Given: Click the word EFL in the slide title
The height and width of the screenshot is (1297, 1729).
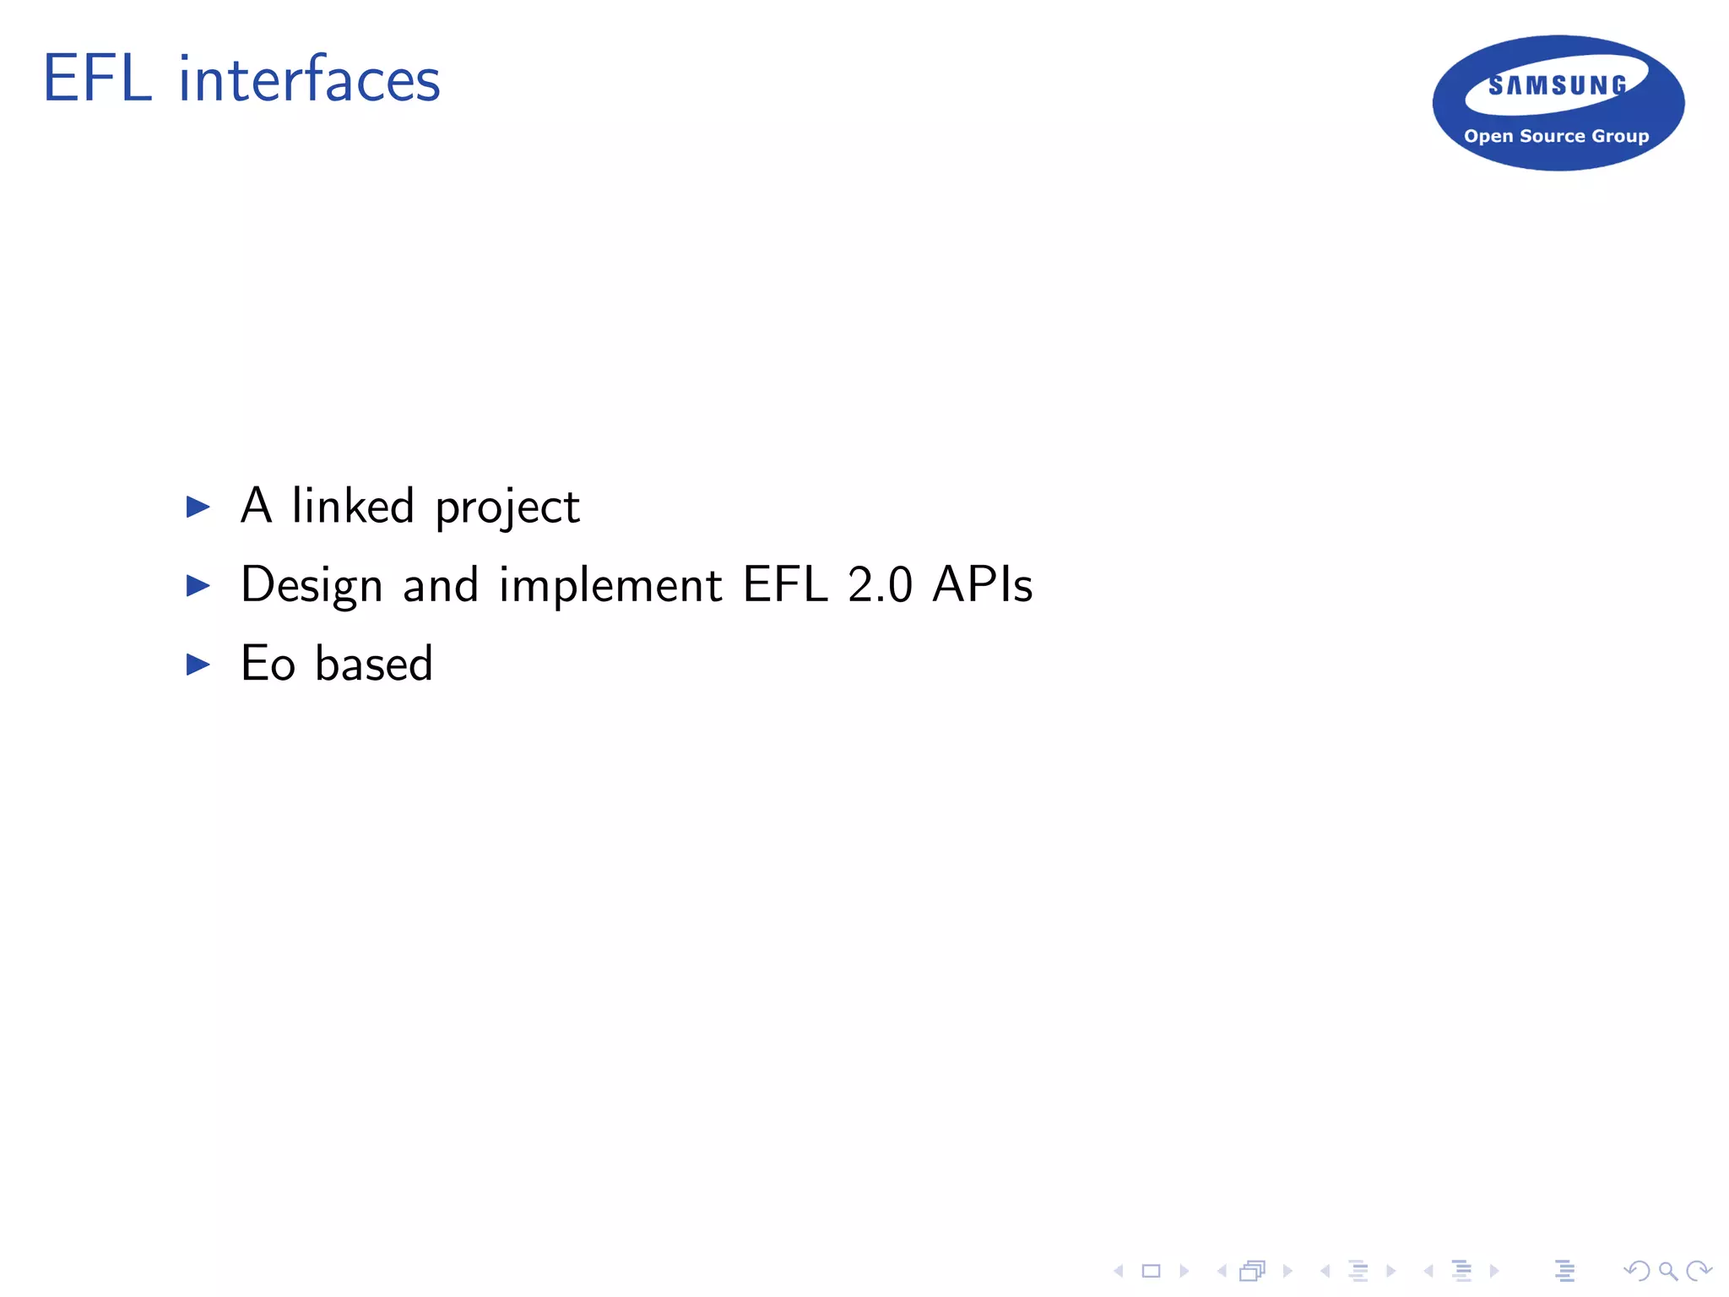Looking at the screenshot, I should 97,79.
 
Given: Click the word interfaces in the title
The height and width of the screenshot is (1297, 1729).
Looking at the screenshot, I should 309,79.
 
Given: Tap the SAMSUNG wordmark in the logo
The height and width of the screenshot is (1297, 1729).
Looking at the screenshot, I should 1558,85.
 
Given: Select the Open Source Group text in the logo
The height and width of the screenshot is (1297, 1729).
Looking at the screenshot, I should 1556,136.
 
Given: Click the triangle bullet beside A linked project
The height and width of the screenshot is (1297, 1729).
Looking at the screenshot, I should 198,507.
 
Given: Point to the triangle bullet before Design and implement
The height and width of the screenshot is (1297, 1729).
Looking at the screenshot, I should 198,585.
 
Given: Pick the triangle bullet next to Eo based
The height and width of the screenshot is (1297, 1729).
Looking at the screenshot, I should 198,665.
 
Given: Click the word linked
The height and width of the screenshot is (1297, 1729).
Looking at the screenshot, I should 353,506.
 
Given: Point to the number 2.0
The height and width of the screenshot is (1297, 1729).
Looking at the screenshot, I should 880,584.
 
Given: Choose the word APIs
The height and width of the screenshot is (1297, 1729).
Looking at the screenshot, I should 983,584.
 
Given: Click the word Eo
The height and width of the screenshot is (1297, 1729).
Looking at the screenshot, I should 268,664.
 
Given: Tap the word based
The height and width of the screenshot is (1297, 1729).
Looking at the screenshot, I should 374,664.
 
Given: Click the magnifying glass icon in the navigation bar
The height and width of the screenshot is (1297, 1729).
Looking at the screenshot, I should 1667,1271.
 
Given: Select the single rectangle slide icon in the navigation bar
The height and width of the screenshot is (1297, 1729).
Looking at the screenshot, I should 1152,1271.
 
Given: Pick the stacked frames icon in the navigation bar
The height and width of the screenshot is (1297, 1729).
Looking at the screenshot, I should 1253,1271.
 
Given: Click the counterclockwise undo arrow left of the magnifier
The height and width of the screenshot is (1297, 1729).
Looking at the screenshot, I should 1637,1271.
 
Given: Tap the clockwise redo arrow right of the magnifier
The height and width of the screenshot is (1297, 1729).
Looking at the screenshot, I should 1698,1271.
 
